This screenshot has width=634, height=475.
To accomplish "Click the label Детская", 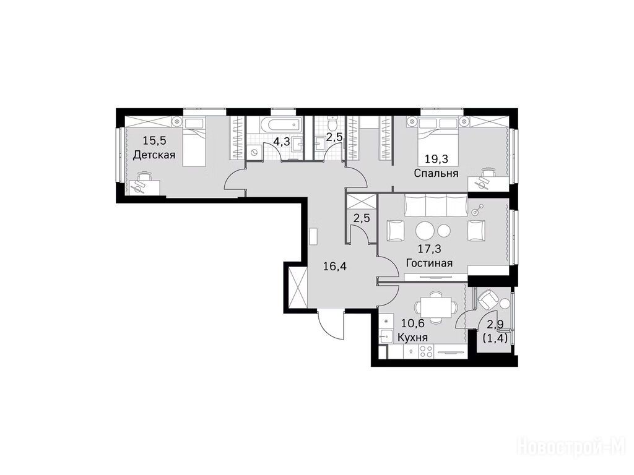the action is click(154, 155).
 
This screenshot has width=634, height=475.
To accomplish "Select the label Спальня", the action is click(436, 173).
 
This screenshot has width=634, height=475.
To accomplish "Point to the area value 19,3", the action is click(436, 159).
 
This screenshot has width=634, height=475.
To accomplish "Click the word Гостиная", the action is click(429, 263).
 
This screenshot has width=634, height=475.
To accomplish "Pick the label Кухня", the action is click(413, 337).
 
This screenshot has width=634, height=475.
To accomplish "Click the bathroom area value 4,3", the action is click(282, 142).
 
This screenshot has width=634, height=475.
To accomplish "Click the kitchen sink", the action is click(384, 335).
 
